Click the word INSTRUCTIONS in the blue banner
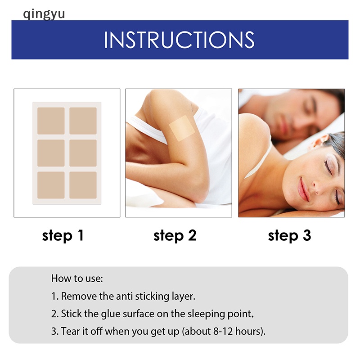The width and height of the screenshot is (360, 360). [179, 40]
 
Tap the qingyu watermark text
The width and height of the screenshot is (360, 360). [44, 13]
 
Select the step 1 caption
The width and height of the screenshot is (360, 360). [63, 235]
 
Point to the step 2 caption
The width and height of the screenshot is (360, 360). [175, 235]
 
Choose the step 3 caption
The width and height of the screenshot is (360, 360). [289, 235]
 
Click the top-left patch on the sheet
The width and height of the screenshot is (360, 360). [51, 121]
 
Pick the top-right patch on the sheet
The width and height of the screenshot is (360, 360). [83, 121]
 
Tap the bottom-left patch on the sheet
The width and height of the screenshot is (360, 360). [51, 185]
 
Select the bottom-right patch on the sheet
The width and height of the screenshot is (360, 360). [83, 185]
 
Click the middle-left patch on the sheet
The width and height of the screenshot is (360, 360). [51, 153]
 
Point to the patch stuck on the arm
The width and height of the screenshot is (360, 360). [182, 128]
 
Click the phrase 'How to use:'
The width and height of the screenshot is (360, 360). [77, 278]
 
